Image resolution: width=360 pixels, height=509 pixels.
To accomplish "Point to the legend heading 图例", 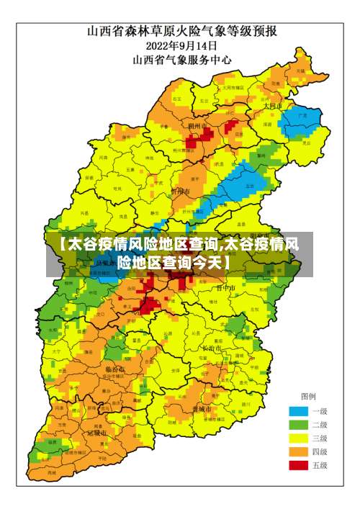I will [x=307, y=397].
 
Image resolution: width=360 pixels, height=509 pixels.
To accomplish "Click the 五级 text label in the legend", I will [x=320, y=466].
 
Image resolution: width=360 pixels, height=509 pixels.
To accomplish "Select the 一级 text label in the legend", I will [x=320, y=412].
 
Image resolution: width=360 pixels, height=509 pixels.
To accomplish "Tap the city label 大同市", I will [x=272, y=105].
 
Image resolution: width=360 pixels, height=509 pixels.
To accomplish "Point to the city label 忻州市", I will [x=179, y=192].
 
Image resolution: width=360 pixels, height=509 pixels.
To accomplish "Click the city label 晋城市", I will [x=202, y=409].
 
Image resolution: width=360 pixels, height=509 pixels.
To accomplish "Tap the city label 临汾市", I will [x=115, y=369].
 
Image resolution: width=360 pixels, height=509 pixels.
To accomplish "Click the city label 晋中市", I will [x=226, y=287].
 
